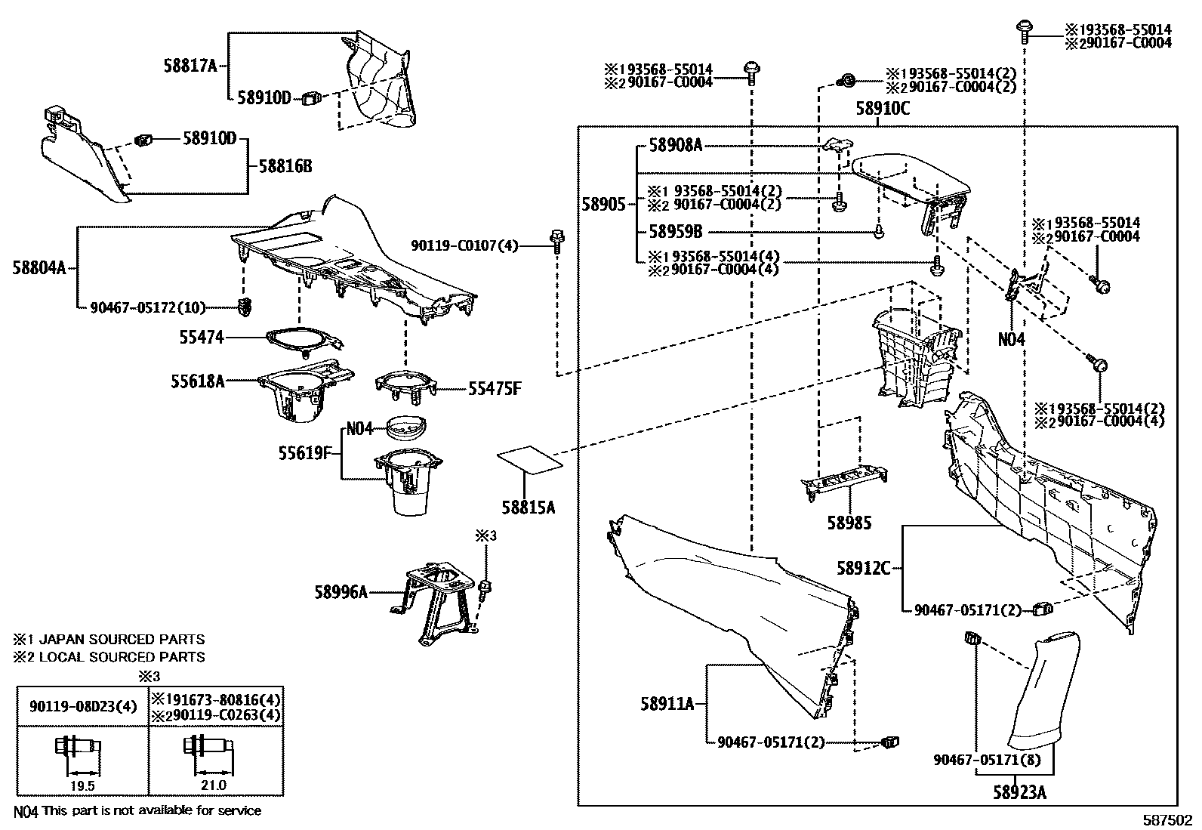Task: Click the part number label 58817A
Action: tap(190, 66)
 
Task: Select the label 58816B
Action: tap(285, 166)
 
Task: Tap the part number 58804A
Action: tap(39, 267)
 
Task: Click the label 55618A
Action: tap(197, 381)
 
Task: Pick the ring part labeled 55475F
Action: tap(405, 381)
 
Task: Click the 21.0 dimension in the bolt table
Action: tap(213, 785)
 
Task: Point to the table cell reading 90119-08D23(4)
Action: tap(83, 707)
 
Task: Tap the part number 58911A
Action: tap(667, 704)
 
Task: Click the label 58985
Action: tap(849, 523)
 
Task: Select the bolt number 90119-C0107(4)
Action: tap(464, 245)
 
